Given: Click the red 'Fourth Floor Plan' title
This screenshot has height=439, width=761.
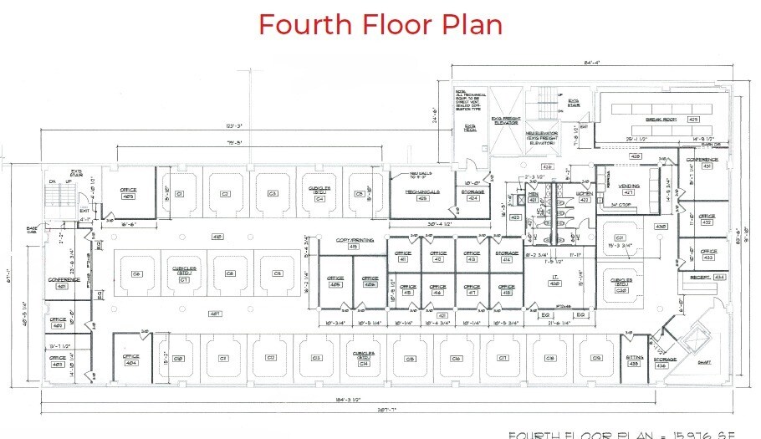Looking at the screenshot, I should (x=380, y=24).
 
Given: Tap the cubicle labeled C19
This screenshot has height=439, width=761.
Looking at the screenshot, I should (x=595, y=358).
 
